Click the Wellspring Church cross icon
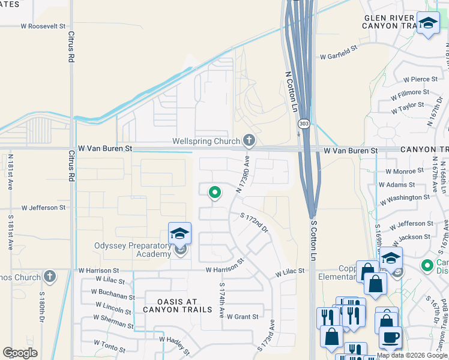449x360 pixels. coord(249,141)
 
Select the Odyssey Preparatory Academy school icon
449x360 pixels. coord(179,234)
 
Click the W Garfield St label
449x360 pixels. coord(339,56)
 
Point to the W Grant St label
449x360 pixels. coord(242,317)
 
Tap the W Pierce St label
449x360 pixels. coord(420,79)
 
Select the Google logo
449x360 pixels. coord(19,353)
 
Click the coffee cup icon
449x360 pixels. coord(391,337)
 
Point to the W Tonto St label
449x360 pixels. coord(109,343)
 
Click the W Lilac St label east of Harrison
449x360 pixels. coord(291,272)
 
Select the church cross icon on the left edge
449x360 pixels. coord(49,277)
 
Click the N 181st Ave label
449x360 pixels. coord(11,172)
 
